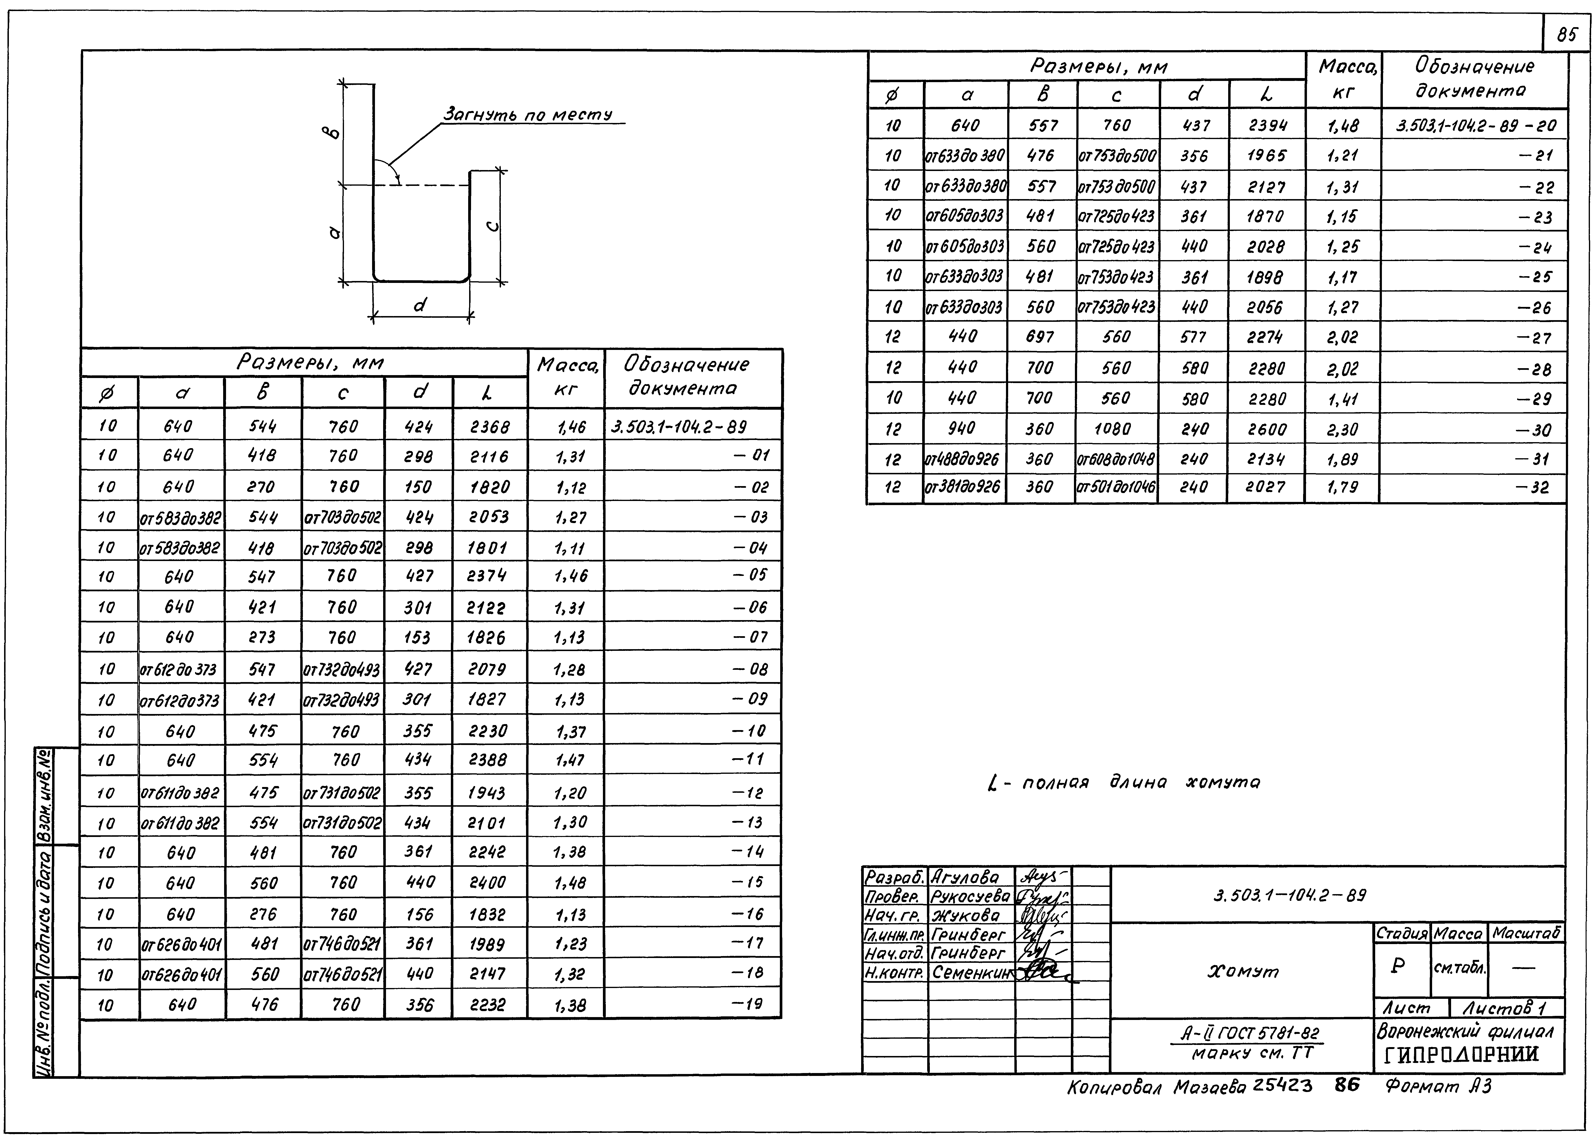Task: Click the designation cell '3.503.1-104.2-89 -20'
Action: (x=1475, y=127)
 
